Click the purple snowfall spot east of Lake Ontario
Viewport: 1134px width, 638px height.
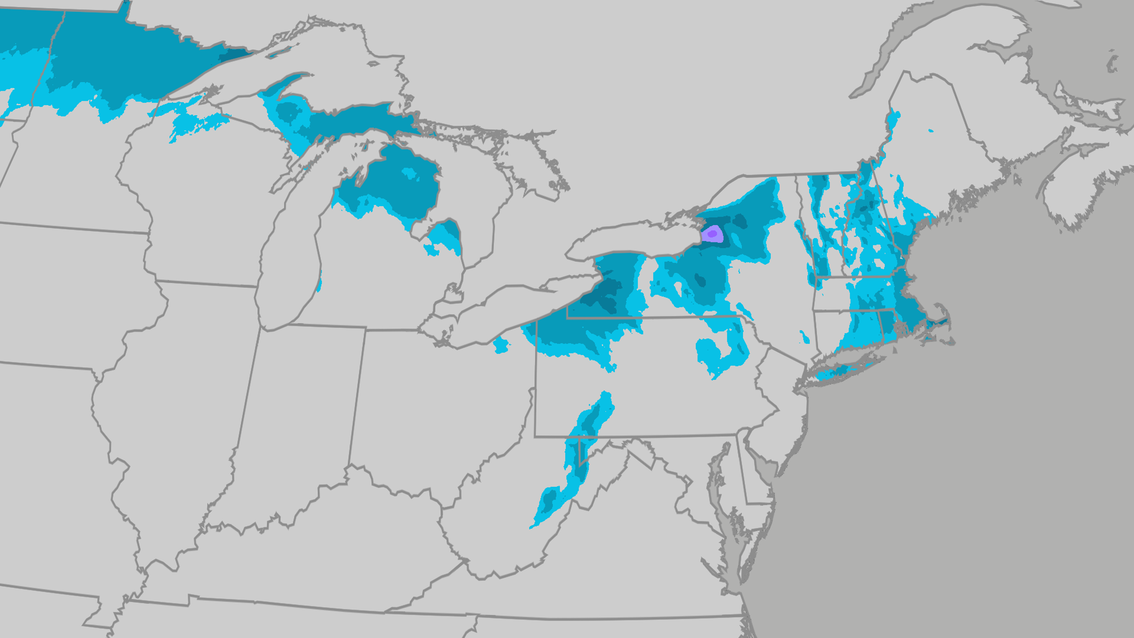pyautogui.click(x=712, y=234)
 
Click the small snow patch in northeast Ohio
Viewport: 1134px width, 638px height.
pyautogui.click(x=501, y=345)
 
